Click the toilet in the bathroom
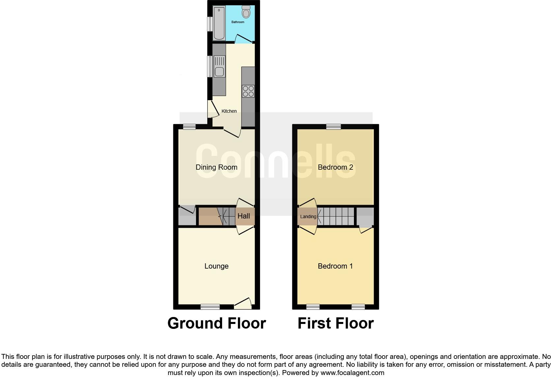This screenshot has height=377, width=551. click(x=246, y=12)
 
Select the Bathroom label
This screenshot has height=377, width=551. click(x=238, y=22)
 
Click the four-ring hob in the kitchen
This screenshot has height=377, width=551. click(x=248, y=91)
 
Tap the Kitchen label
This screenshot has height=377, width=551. click(x=229, y=111)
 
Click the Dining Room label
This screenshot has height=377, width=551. click(x=217, y=167)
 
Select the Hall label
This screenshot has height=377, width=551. click(x=244, y=216)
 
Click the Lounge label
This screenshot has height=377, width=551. click(x=217, y=266)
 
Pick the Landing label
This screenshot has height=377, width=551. click(x=308, y=217)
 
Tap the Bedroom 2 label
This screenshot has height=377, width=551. click(x=335, y=167)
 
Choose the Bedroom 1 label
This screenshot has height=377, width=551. click(x=335, y=266)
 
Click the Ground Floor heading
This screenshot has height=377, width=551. click(x=217, y=323)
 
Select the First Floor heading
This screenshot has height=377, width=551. click(x=335, y=323)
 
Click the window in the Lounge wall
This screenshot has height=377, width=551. click(x=210, y=307)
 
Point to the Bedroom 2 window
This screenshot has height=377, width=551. click(x=333, y=127)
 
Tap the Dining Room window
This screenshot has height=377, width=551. click(x=189, y=127)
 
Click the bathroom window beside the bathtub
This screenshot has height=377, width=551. click(x=209, y=24)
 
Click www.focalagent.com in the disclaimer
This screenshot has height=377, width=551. click(x=352, y=373)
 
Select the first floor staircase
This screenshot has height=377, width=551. click(x=336, y=216)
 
